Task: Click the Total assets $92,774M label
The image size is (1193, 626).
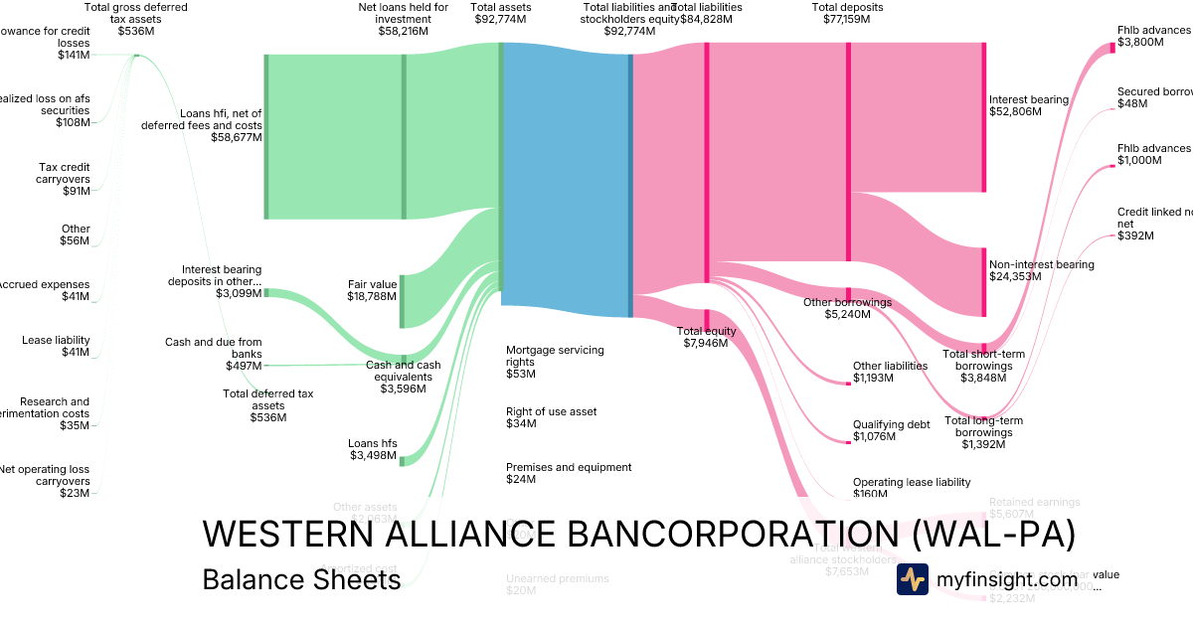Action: click(502, 13)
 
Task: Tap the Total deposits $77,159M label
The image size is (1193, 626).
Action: click(847, 13)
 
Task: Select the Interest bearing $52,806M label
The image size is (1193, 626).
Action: click(1029, 105)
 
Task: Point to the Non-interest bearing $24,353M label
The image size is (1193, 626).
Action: click(1041, 270)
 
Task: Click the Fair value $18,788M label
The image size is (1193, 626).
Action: click(373, 290)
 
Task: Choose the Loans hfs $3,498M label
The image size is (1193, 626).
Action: click(373, 450)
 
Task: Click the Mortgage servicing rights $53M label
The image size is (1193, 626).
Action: click(555, 362)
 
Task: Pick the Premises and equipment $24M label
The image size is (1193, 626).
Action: click(569, 473)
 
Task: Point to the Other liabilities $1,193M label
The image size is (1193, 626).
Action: click(890, 372)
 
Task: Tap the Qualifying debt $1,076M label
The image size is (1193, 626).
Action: click(891, 430)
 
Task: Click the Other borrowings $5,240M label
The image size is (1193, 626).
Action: click(847, 308)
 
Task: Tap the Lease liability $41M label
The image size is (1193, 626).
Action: click(56, 346)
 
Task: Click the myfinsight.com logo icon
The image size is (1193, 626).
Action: click(912, 579)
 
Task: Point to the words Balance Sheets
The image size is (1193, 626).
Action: click(301, 579)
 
